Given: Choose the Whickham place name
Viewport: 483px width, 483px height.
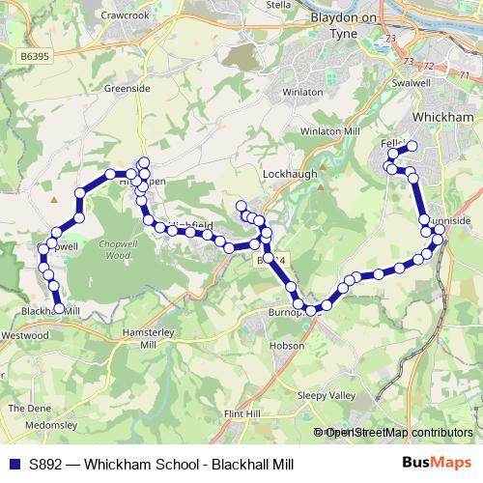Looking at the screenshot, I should point(441,117).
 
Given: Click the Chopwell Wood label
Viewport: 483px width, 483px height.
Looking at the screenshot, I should point(115,250).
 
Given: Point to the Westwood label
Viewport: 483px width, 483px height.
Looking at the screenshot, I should point(25,335).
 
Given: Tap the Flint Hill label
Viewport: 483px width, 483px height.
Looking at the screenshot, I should point(241,413).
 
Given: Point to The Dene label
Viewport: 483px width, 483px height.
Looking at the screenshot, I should point(24,408).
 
